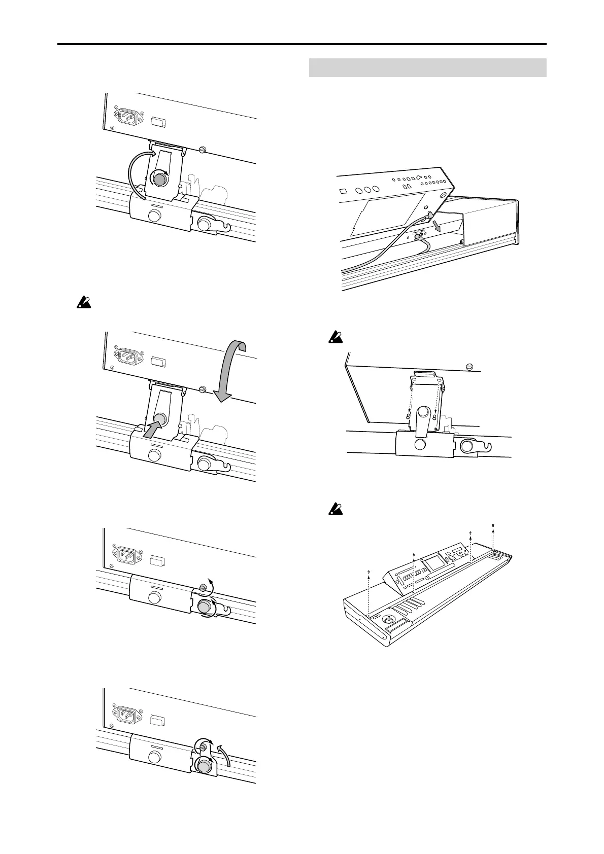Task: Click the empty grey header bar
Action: [x=427, y=67]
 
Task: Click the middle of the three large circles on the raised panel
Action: [x=365, y=189]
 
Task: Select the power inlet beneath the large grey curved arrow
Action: [x=127, y=355]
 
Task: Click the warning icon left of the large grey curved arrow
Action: [x=81, y=304]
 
